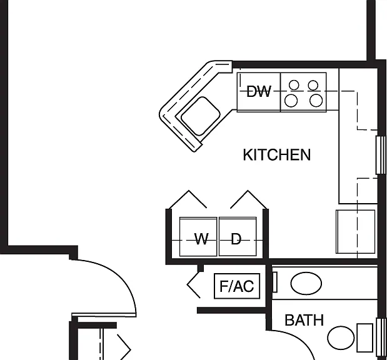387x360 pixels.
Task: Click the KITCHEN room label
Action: (x=277, y=155)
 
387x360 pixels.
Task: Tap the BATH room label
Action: (x=304, y=320)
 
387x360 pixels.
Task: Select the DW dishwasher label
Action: (x=259, y=91)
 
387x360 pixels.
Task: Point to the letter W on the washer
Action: (x=201, y=239)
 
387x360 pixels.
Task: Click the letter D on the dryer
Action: (x=236, y=239)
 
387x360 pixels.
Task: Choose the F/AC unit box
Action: (x=237, y=286)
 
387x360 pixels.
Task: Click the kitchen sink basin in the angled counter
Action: (x=201, y=116)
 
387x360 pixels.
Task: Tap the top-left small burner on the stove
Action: (x=294, y=85)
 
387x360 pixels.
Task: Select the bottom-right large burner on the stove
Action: (x=316, y=101)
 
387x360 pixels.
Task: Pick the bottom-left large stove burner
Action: (x=291, y=101)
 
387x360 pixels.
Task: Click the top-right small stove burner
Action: (x=313, y=85)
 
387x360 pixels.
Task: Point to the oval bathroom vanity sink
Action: (x=306, y=284)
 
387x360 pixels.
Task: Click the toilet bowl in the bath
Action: (x=341, y=338)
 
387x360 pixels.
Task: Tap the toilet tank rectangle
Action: (x=364, y=337)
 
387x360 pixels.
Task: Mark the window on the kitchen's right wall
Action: (x=381, y=155)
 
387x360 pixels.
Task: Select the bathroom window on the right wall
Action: (x=381, y=337)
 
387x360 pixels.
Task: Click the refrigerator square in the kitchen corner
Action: (x=356, y=231)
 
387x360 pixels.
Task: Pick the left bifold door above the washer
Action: (x=188, y=199)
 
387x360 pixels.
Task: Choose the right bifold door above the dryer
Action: (x=248, y=199)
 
